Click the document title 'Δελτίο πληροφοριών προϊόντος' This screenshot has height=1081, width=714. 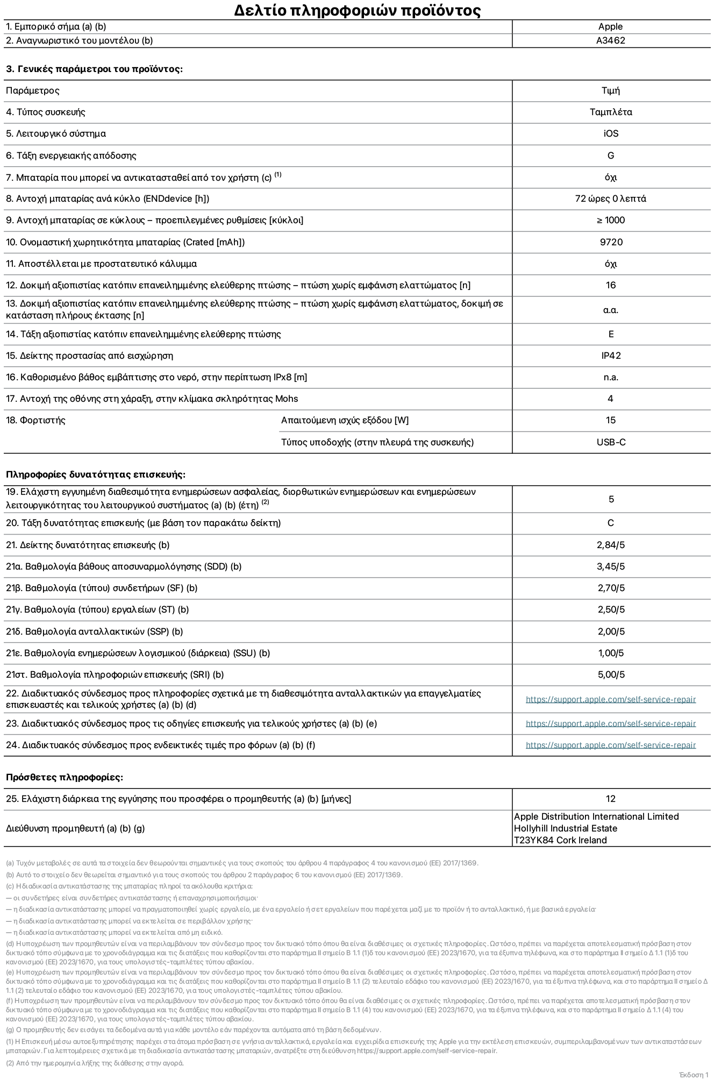point(357,10)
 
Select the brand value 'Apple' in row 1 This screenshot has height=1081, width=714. point(610,26)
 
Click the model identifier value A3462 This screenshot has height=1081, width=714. point(610,40)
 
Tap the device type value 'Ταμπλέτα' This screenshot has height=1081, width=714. point(610,112)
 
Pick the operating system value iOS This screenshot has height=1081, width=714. point(610,133)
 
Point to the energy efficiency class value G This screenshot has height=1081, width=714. point(610,155)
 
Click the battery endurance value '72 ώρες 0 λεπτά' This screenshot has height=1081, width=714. point(610,198)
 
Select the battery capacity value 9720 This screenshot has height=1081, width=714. point(611,242)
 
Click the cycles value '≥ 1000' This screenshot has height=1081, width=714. point(610,220)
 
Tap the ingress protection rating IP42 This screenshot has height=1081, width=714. point(611,355)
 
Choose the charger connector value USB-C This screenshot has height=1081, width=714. point(611,442)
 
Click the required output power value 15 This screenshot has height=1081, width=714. point(610,420)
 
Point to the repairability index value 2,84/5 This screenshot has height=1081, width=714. point(611,545)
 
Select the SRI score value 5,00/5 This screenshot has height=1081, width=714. point(611,674)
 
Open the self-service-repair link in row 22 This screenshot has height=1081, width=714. point(610,699)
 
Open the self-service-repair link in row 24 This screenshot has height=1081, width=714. point(610,745)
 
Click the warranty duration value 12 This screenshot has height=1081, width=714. point(610,799)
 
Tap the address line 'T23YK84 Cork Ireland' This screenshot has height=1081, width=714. point(560,840)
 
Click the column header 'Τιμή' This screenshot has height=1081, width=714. point(610,90)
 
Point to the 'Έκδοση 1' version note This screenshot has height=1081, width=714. point(694,1074)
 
